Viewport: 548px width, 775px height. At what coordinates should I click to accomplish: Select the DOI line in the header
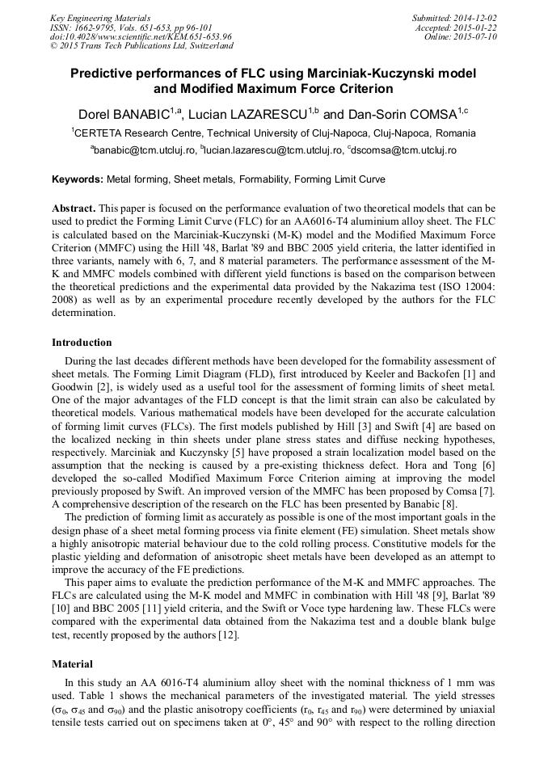pos(141,37)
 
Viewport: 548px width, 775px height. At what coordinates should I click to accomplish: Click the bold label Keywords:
pos(78,179)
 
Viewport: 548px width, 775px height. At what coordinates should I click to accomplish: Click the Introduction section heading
pos(82,343)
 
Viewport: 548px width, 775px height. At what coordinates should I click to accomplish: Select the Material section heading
pos(73,663)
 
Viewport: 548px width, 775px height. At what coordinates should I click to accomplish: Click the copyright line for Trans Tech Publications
pos(141,47)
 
